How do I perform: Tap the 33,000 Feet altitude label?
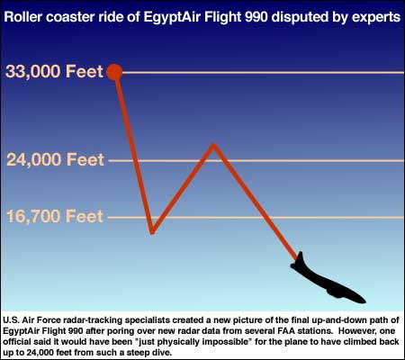pos(54,72)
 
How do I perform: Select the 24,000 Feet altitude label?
pos(55,159)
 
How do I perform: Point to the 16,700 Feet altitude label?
pos(55,216)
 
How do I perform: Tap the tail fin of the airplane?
pos(300,258)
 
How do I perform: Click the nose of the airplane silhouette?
pos(364,301)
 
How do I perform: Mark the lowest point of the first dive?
pos(152,232)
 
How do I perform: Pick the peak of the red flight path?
pos(213,145)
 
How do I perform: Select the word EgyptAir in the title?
pos(172,18)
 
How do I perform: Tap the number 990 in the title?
pos(256,17)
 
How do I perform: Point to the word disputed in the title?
pos(300,18)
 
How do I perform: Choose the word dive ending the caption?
pos(162,352)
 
